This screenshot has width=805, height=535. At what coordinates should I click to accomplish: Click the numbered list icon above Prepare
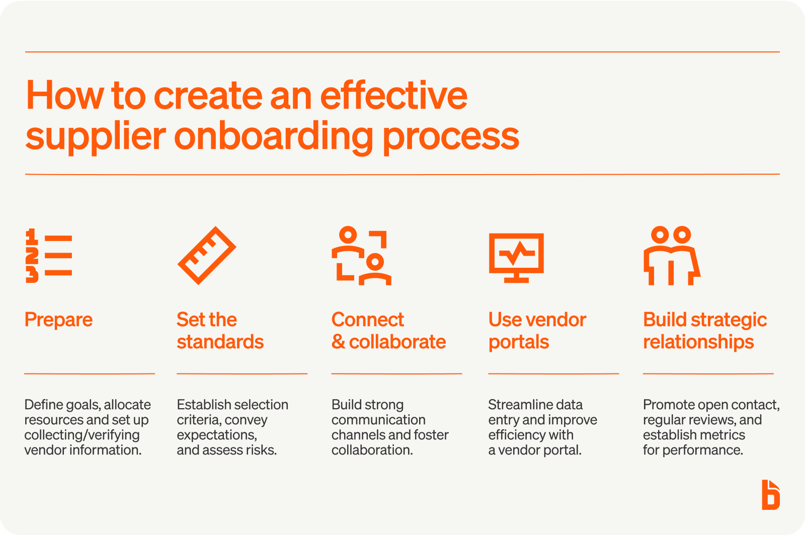[49, 256]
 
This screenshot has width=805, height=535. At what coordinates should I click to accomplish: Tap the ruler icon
[207, 256]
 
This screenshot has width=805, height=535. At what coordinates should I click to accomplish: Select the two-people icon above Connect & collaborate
[362, 256]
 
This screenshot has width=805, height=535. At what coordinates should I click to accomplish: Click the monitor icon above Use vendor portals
[516, 258]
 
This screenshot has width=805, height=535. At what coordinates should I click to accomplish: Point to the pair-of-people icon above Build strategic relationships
[672, 256]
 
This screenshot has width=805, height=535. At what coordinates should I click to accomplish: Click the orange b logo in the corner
[771, 495]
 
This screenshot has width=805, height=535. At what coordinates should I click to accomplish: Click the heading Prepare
[58, 320]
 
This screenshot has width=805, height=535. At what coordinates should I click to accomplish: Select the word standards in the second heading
[220, 342]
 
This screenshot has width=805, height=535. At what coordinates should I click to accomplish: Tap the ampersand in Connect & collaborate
[338, 342]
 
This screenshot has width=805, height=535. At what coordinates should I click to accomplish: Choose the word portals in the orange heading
[519, 342]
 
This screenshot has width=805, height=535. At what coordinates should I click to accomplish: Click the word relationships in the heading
[698, 342]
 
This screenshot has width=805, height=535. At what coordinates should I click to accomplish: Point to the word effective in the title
[393, 95]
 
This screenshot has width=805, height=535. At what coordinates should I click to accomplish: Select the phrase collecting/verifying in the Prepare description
[82, 435]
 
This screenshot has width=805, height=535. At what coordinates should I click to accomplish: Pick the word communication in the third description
[378, 420]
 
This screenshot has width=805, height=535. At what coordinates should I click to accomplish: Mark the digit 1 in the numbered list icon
[32, 236]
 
